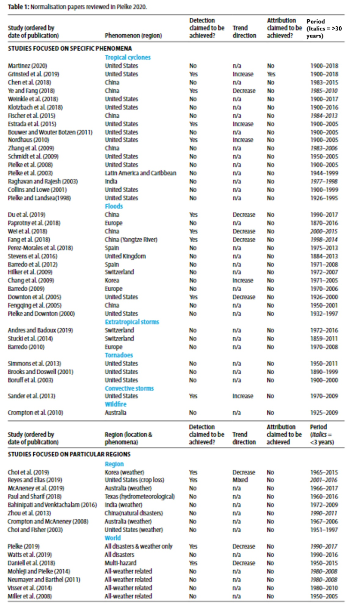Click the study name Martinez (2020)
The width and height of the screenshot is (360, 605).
point(28,66)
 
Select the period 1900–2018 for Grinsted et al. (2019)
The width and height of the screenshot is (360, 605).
point(324,74)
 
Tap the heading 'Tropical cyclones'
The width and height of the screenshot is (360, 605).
point(128,58)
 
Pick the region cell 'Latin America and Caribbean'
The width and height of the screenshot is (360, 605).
point(141,173)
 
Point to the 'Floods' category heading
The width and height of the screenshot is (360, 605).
point(114,206)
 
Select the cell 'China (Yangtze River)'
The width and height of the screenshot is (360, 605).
point(131,240)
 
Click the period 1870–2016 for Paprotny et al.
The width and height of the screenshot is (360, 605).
point(324,223)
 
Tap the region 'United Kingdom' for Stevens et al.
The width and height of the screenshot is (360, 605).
point(125,256)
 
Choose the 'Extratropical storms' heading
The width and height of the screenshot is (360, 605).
point(132,322)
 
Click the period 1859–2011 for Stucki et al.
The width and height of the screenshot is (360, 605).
point(324,338)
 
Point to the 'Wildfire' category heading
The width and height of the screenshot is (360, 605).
point(116,404)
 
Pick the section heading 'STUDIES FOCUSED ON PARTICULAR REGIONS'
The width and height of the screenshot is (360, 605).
point(69,454)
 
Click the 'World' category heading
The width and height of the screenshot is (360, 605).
point(113,538)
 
